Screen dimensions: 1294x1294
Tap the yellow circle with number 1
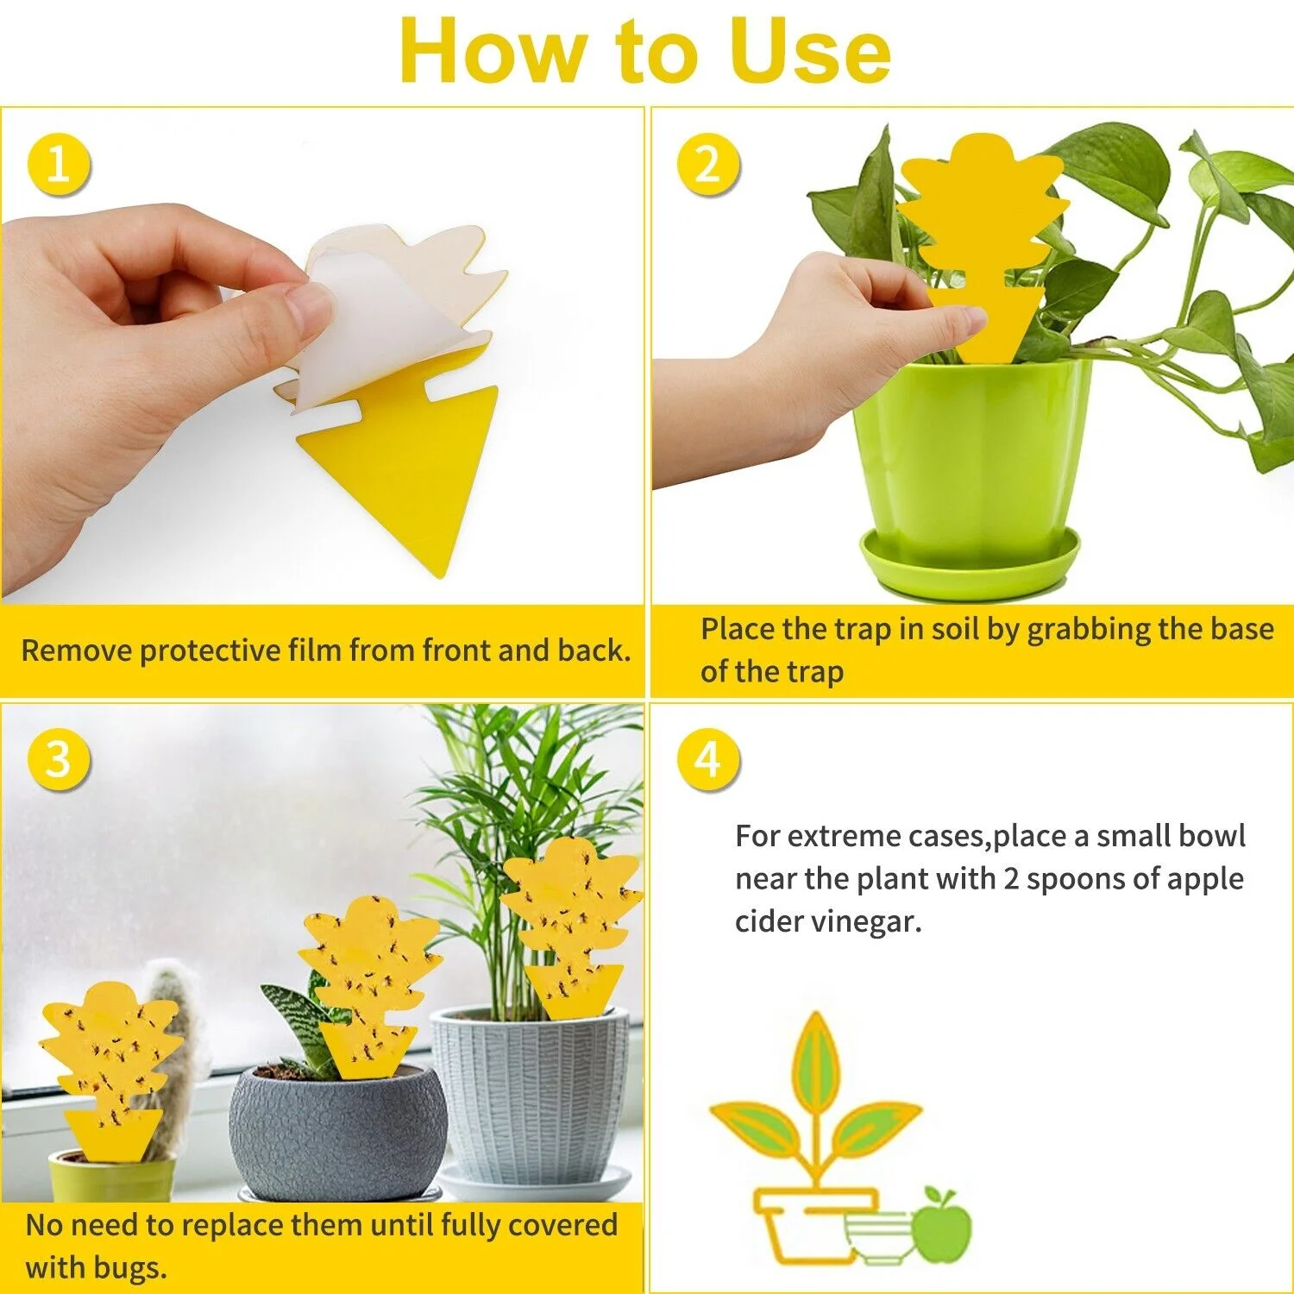[x=58, y=164]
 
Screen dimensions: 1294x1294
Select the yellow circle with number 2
[x=707, y=164]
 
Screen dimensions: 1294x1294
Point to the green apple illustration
[x=941, y=1226]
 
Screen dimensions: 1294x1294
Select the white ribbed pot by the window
[x=531, y=1096]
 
